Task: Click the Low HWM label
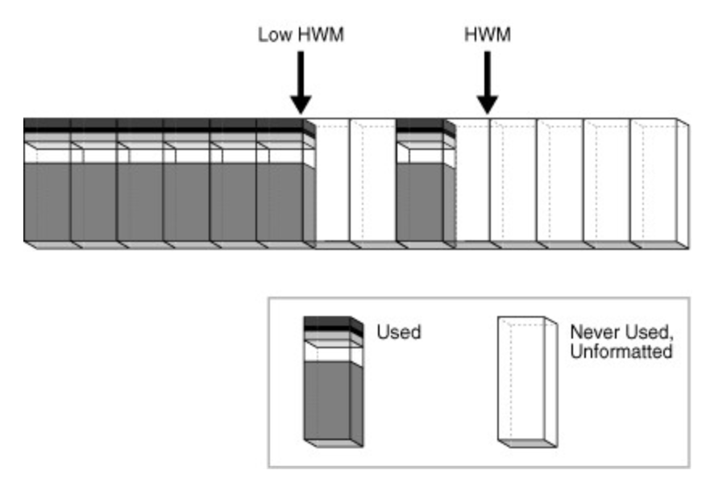[300, 35]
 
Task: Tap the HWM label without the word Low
[487, 35]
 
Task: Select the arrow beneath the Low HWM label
[300, 81]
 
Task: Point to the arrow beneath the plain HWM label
[487, 81]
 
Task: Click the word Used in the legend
[399, 332]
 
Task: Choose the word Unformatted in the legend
[621, 352]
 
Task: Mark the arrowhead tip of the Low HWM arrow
[300, 111]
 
